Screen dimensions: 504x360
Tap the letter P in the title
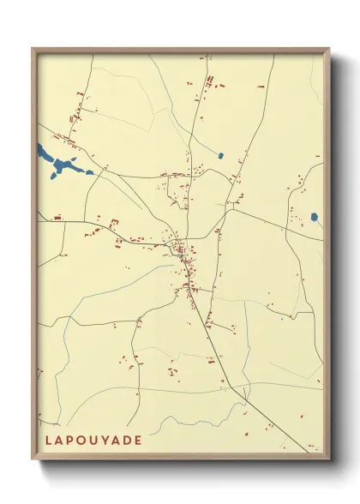pos(74,440)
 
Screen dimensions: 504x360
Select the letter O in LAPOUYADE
pos(87,440)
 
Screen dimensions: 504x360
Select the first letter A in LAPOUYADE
pos(61,440)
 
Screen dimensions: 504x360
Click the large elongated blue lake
pos(60,164)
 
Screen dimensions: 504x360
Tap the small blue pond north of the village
pos(220,156)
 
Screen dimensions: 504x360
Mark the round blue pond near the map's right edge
pos(315,217)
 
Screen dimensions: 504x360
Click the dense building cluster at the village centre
pos(183,250)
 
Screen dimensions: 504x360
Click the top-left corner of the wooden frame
pos(33,49)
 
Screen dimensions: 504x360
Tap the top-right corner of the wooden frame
pos(329,49)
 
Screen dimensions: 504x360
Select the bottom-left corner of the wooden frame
pos(33,459)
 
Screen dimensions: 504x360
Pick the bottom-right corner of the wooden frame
pos(329,459)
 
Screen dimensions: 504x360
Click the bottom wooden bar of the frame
pos(180,457)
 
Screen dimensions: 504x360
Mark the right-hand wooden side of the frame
pos(327,257)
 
